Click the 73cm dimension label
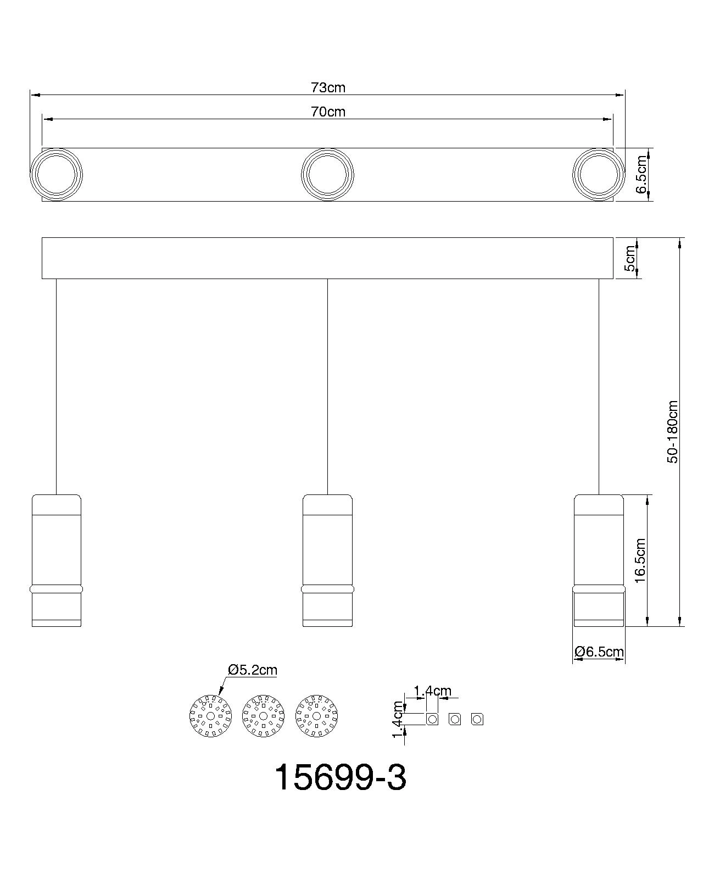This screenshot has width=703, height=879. [x=328, y=87]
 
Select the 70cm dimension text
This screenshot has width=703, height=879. [x=328, y=112]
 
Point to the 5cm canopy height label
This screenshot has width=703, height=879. [x=630, y=258]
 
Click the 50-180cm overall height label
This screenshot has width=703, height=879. [x=673, y=432]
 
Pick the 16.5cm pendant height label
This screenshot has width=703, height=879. [x=640, y=560]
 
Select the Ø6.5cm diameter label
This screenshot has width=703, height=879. [x=599, y=652]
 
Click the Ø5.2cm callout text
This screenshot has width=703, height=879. [x=253, y=670]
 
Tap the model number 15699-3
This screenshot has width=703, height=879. [x=340, y=777]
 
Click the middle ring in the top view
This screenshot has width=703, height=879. [x=328, y=175]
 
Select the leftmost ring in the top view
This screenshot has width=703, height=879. [x=56, y=175]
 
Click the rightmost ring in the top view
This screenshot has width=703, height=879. [x=599, y=175]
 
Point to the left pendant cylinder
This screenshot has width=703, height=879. [x=57, y=560]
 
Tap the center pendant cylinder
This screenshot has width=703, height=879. [x=328, y=560]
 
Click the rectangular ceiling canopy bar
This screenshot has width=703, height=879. [x=327, y=258]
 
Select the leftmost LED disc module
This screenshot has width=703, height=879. [x=210, y=716]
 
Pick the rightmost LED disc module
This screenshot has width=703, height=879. [x=316, y=716]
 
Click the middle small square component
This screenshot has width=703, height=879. [x=455, y=719]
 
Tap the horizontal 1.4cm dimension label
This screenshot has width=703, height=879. [x=432, y=691]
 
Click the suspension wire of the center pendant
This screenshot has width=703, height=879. [x=328, y=385]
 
